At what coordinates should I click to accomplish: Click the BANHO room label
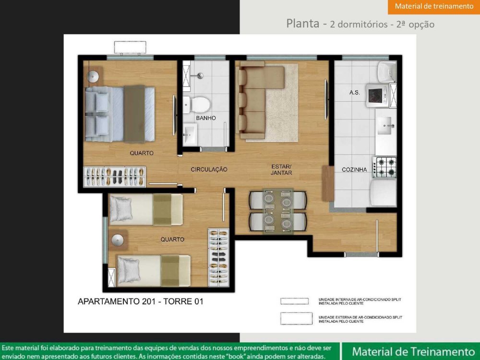[x=206, y=118]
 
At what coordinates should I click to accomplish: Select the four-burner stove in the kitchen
[x=384, y=167]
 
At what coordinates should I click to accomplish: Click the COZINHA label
[x=354, y=169]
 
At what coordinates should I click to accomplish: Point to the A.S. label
[x=355, y=92]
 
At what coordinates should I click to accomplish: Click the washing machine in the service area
[x=377, y=96]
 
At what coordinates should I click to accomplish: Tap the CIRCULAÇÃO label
[x=209, y=169]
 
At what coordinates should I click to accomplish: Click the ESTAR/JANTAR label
[x=281, y=169]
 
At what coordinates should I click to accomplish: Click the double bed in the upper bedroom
[x=120, y=114]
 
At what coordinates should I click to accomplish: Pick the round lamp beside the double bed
[x=93, y=76]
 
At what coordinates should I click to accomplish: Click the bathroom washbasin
[x=190, y=134]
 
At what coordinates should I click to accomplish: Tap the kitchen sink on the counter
[x=384, y=125]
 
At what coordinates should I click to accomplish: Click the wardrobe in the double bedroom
[x=115, y=177]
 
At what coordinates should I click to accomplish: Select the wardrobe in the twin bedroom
[x=218, y=258]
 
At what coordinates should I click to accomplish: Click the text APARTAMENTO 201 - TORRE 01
[x=141, y=301]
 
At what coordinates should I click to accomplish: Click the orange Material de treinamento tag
[x=434, y=7]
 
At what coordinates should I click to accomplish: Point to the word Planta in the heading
[x=303, y=24]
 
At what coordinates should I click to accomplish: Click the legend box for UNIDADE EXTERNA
[x=296, y=318]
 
